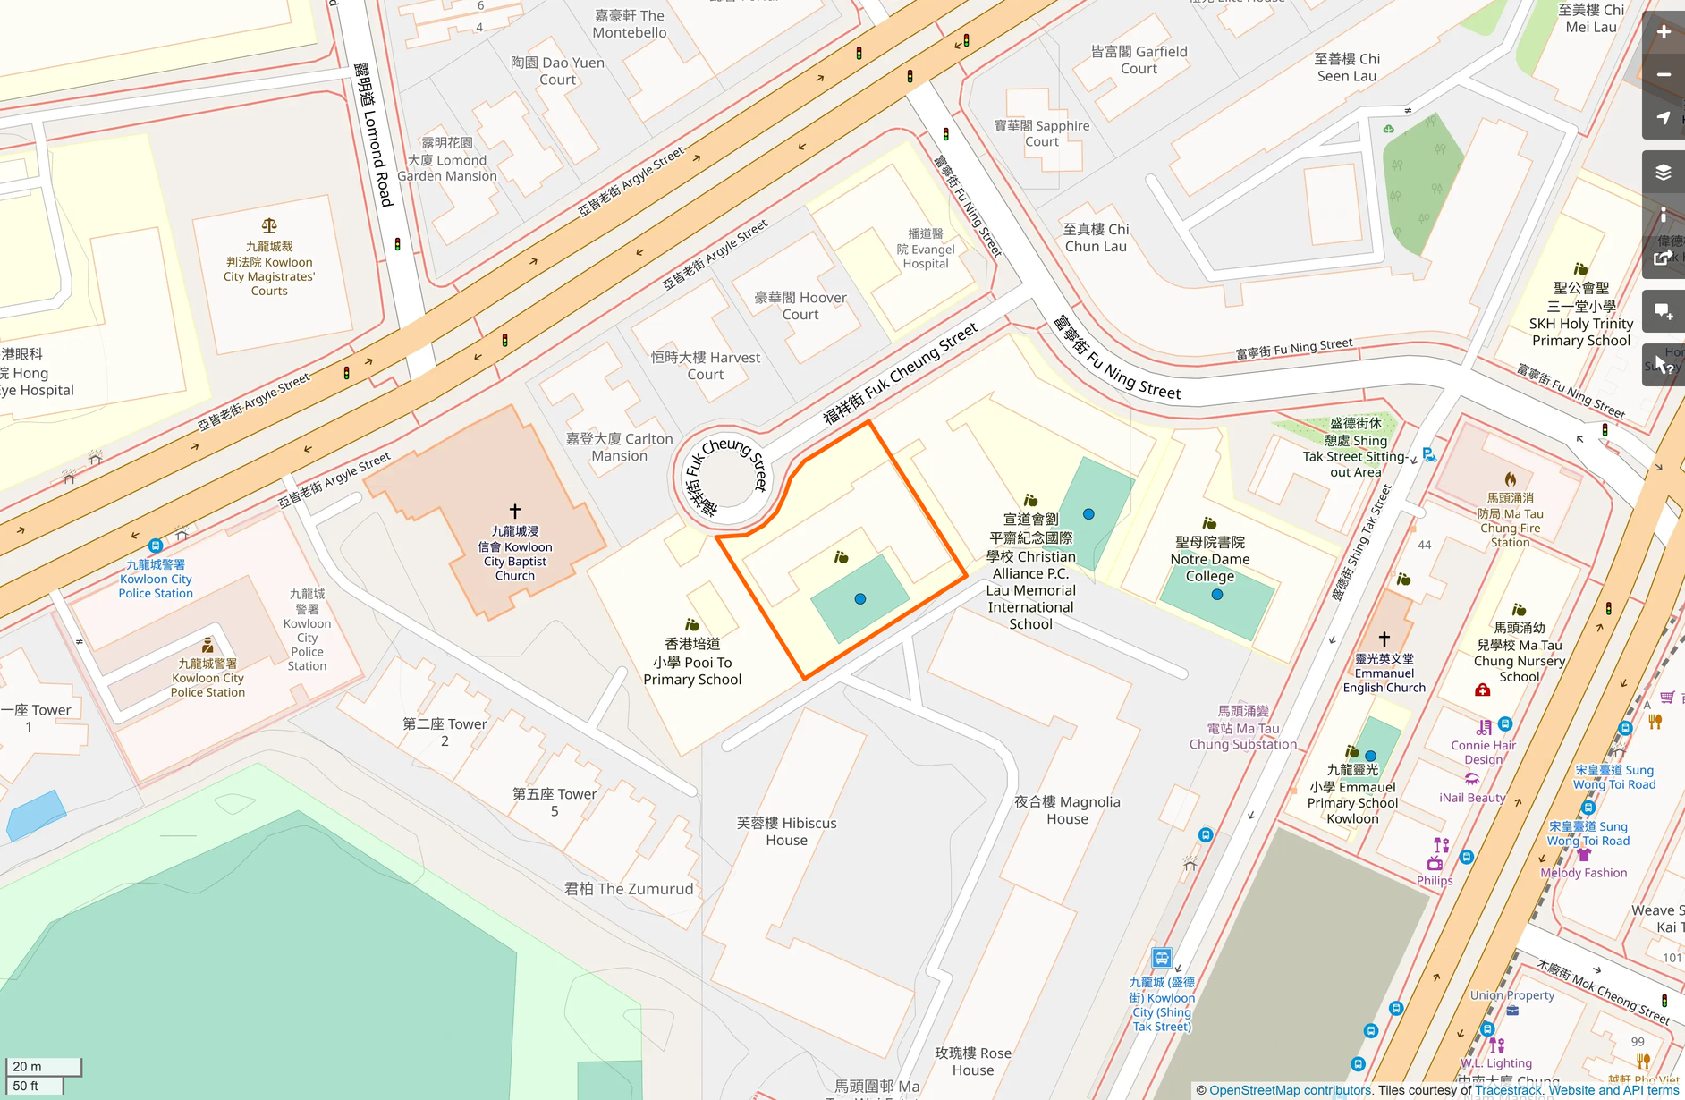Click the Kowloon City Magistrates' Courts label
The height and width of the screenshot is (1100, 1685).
(x=268, y=268)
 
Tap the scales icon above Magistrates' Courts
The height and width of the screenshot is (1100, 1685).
(x=268, y=225)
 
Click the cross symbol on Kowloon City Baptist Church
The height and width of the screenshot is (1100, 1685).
(x=515, y=511)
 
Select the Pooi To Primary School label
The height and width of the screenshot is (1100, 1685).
(x=692, y=662)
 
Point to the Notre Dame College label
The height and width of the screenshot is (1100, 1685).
(x=1210, y=559)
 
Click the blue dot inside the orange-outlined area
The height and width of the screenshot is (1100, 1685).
(x=860, y=599)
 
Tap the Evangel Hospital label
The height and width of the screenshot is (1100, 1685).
(x=926, y=249)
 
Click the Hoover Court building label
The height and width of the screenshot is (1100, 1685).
(x=800, y=306)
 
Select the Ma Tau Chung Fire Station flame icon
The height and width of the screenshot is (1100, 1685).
(x=1511, y=479)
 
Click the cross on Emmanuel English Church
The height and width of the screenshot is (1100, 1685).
(x=1384, y=639)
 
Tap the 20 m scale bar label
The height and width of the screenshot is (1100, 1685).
(x=27, y=1066)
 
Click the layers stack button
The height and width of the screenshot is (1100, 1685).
(x=1664, y=173)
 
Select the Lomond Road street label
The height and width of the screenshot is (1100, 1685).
(x=374, y=134)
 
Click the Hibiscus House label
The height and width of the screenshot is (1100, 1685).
(x=786, y=832)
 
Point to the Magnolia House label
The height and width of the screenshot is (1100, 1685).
(x=1067, y=810)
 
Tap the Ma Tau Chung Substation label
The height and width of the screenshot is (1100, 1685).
(x=1243, y=728)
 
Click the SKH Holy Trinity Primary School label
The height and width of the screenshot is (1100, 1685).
(x=1580, y=314)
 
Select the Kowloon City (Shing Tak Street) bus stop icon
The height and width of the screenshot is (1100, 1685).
(x=1161, y=959)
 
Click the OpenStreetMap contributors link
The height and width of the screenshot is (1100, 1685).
(x=1290, y=1090)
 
